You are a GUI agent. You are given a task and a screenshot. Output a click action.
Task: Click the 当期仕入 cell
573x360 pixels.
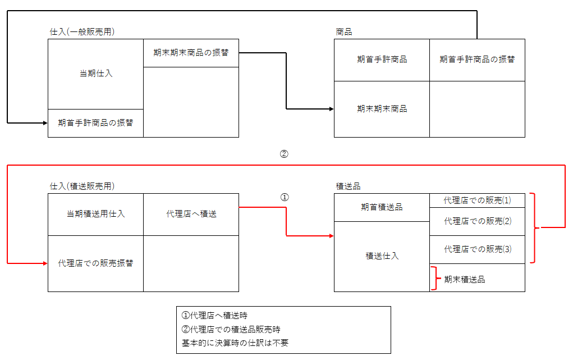(95, 74)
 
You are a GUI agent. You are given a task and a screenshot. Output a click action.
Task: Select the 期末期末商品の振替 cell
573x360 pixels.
(191, 53)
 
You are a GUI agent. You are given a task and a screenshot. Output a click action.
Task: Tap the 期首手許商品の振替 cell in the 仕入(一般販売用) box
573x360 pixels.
(95, 122)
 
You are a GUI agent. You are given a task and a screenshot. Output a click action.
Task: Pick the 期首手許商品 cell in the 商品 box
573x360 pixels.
(382, 60)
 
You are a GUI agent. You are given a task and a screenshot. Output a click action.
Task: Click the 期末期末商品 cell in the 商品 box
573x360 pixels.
(382, 109)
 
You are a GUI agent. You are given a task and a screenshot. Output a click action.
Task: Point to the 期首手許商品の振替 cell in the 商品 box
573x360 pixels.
(477, 60)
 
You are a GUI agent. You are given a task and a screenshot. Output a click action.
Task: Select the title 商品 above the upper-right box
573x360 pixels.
(343, 32)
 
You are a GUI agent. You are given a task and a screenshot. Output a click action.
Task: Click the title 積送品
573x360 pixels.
(347, 186)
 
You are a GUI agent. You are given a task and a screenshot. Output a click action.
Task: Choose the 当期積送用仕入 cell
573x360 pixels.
(95, 214)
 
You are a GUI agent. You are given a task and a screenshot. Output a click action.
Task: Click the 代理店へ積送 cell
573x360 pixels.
(191, 214)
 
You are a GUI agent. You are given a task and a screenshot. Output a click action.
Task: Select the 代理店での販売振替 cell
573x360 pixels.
(95, 263)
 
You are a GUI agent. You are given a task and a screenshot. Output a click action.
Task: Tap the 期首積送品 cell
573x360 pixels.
(382, 207)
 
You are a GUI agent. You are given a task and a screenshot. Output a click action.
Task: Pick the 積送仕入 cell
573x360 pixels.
(382, 256)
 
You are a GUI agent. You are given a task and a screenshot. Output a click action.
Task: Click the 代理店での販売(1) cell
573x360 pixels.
(477, 200)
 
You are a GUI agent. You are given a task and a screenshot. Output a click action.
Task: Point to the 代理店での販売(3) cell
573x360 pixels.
(477, 249)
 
